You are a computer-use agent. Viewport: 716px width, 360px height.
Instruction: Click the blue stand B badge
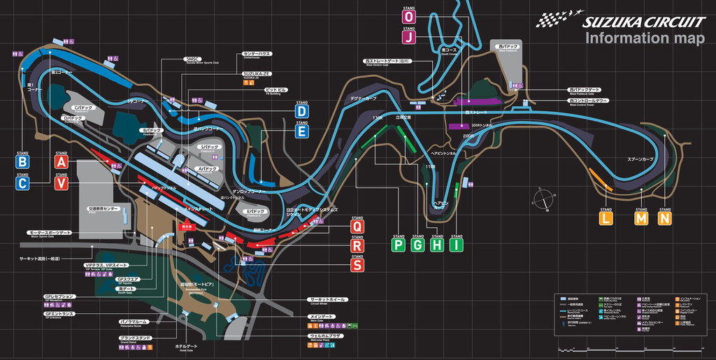tap(23, 162)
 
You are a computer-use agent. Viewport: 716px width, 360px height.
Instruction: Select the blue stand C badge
tap(23, 183)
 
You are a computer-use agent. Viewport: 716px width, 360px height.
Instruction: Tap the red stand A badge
tap(62, 162)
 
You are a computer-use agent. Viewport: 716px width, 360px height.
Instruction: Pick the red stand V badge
tap(62, 183)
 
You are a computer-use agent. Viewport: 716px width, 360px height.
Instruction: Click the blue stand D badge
tap(301, 110)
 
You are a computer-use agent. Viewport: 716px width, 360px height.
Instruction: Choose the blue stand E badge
tap(301, 131)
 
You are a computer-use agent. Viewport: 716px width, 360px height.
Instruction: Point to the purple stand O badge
tap(409, 17)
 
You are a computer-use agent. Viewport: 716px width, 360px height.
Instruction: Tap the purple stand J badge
tap(409, 36)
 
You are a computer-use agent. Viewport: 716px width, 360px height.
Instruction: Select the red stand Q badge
tap(357, 226)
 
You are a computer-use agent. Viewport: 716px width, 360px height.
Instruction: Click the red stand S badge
tap(357, 265)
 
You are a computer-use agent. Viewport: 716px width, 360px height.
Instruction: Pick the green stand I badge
tap(457, 245)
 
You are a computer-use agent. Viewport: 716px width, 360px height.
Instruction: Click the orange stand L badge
tap(606, 218)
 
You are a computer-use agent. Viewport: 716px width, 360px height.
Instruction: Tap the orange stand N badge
tap(664, 218)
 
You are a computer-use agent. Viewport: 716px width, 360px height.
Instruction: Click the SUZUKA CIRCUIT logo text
tap(643, 21)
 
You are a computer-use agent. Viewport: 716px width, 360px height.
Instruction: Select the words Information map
tap(644, 38)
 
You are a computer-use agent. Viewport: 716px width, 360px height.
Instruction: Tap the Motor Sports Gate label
tap(50, 232)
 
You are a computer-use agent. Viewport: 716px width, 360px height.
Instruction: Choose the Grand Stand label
tap(134, 338)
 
